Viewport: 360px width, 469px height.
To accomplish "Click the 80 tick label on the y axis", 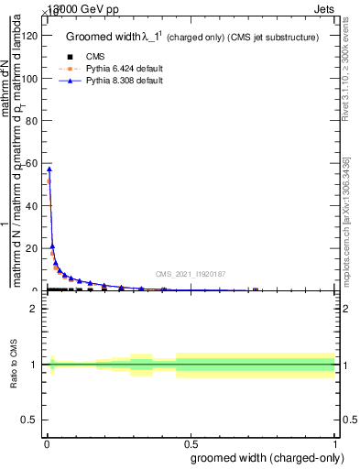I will [x=33, y=121].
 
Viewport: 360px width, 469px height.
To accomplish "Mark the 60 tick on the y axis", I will [x=33, y=164].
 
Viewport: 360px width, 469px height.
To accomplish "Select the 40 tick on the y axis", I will [x=33, y=206].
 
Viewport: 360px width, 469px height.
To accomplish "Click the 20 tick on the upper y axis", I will [x=33, y=248].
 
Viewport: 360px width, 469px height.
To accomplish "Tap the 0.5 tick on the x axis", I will [x=191, y=443].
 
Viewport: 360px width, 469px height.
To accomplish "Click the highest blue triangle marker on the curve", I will [x=49, y=169].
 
